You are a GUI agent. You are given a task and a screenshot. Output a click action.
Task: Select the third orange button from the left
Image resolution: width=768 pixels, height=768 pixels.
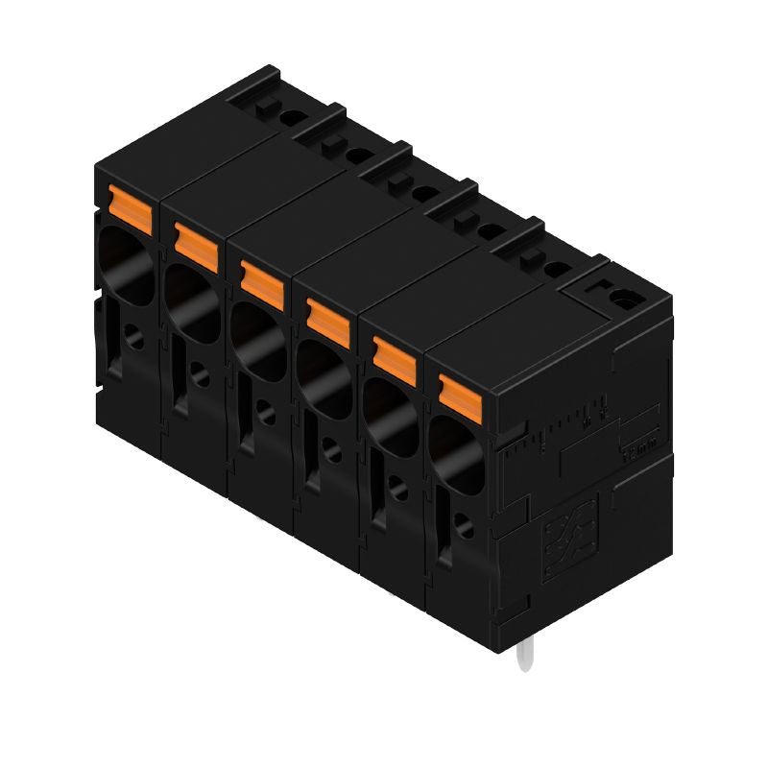[261, 279]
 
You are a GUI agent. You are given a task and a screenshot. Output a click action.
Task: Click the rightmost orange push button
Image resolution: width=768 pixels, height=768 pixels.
[460, 394]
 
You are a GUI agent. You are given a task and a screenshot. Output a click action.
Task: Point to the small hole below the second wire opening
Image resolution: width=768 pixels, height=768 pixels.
[199, 375]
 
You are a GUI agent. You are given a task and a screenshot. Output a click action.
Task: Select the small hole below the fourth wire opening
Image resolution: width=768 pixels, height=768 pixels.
[331, 450]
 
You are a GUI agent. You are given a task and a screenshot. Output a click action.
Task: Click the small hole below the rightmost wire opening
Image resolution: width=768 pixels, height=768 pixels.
[464, 526]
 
